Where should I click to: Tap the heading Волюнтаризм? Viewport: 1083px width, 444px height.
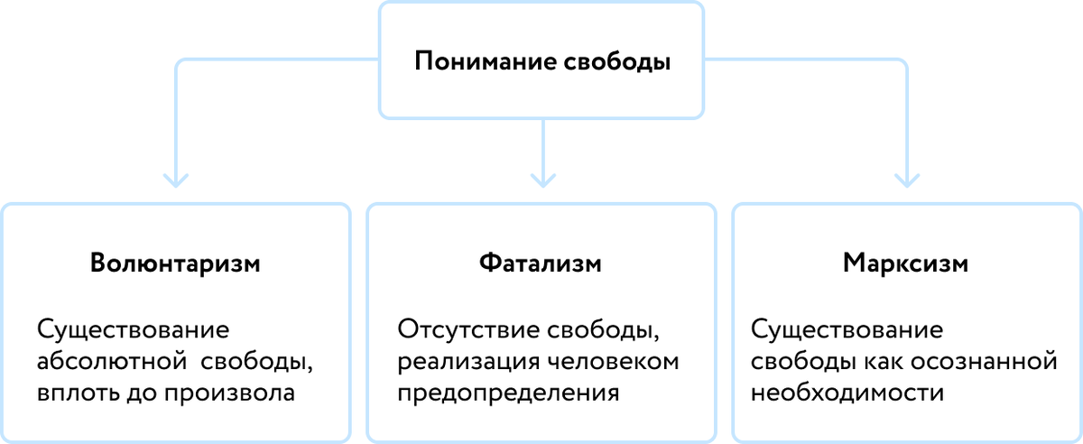[176, 264]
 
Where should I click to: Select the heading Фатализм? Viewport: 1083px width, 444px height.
[541, 264]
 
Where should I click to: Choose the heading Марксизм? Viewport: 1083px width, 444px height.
[906, 264]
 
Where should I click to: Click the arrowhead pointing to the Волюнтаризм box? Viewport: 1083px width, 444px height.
[176, 179]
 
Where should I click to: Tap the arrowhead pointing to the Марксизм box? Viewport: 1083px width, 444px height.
[906, 179]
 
